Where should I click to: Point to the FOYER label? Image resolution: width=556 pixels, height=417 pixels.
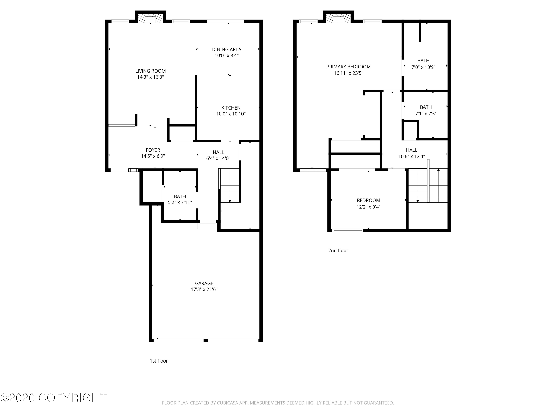coord(153,150)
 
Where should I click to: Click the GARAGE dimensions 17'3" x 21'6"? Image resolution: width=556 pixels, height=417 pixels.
coord(204,289)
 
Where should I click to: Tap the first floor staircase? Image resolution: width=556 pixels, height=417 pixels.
coord(229,186)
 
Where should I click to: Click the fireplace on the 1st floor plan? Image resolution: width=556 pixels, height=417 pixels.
coord(150,18)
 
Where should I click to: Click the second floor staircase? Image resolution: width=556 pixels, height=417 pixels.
coord(428,186)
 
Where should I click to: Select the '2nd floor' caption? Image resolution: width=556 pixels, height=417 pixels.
coord(338,251)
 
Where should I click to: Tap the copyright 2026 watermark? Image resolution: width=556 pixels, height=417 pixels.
coord(53,398)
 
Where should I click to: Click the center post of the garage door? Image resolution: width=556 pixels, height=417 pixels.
coord(206,341)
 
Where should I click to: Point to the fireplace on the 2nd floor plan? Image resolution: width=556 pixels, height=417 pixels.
coord(338,18)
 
